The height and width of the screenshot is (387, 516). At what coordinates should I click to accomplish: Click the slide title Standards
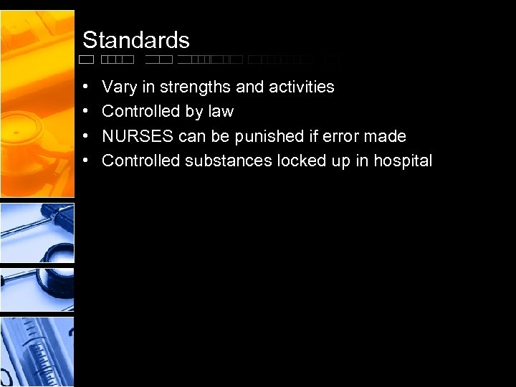pos(135,39)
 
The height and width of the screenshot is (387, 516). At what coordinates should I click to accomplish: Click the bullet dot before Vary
pos(86,87)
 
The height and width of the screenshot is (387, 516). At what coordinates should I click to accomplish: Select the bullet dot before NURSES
pos(86,136)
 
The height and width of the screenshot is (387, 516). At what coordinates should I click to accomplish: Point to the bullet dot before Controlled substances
pos(86,161)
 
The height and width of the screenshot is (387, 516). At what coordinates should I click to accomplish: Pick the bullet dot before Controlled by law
pos(86,112)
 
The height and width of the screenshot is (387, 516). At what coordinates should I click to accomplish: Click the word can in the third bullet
pos(193,137)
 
